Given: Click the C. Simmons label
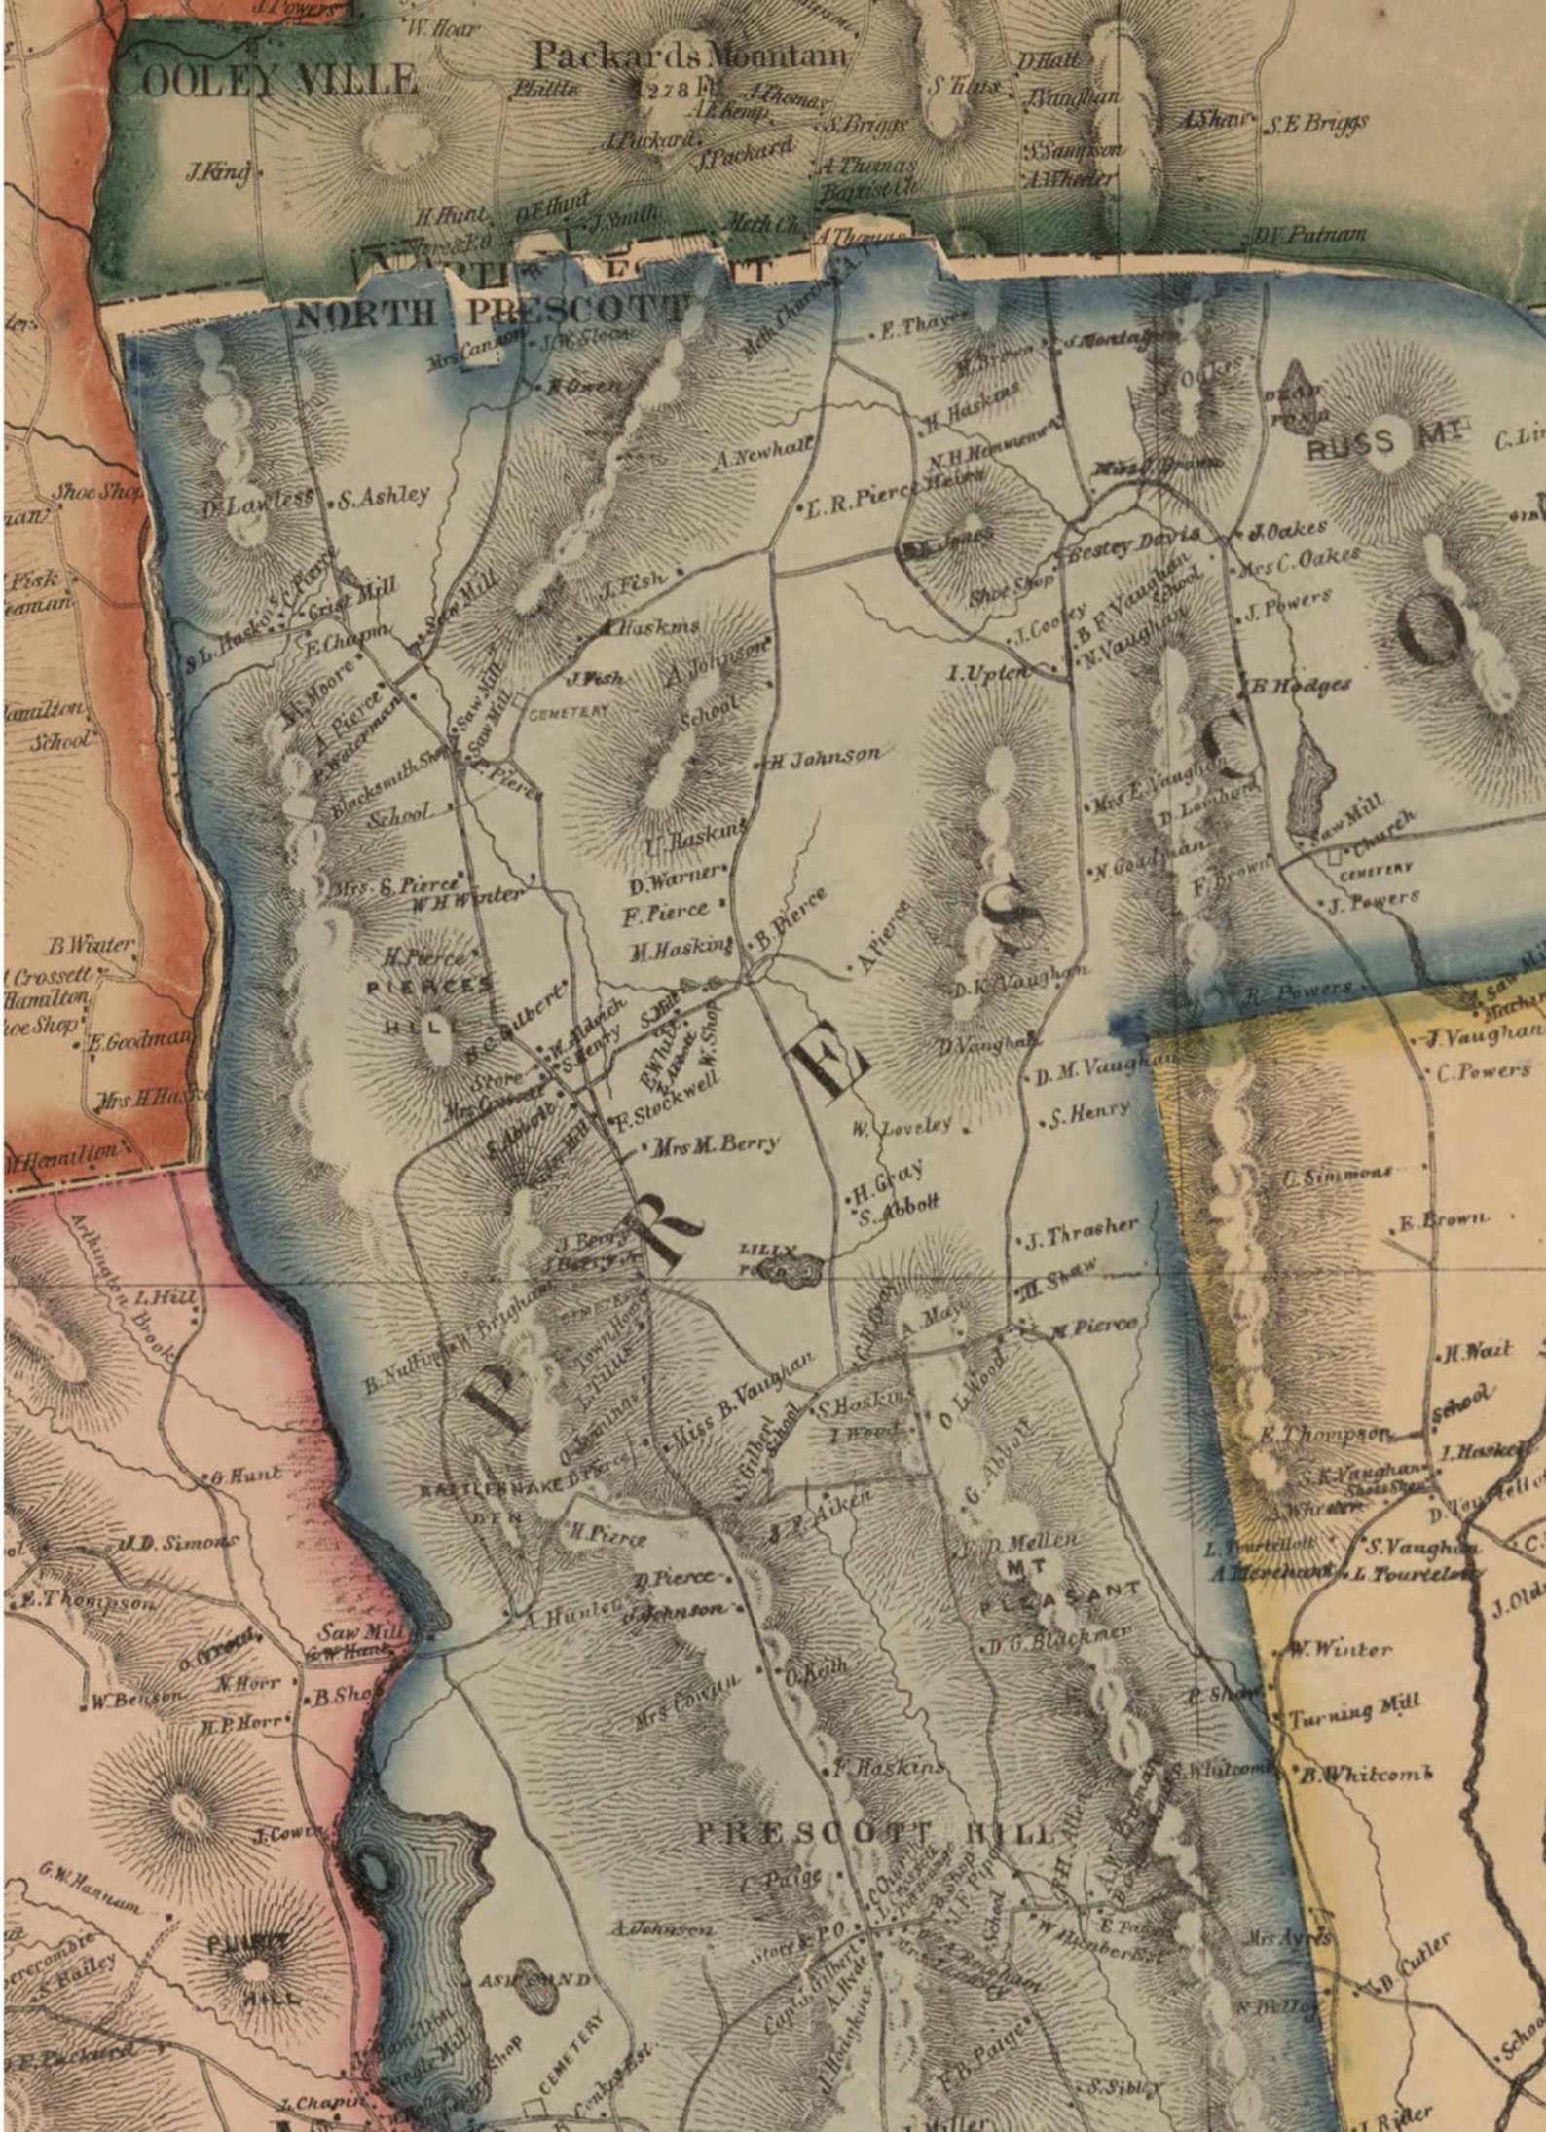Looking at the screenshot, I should [x=1338, y=1174].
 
